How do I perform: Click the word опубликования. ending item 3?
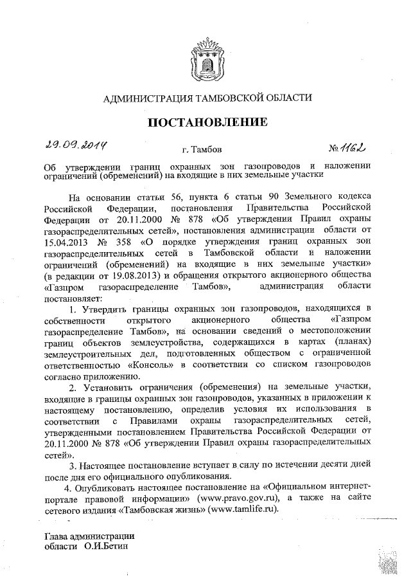pyautogui.click(x=196, y=477)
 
